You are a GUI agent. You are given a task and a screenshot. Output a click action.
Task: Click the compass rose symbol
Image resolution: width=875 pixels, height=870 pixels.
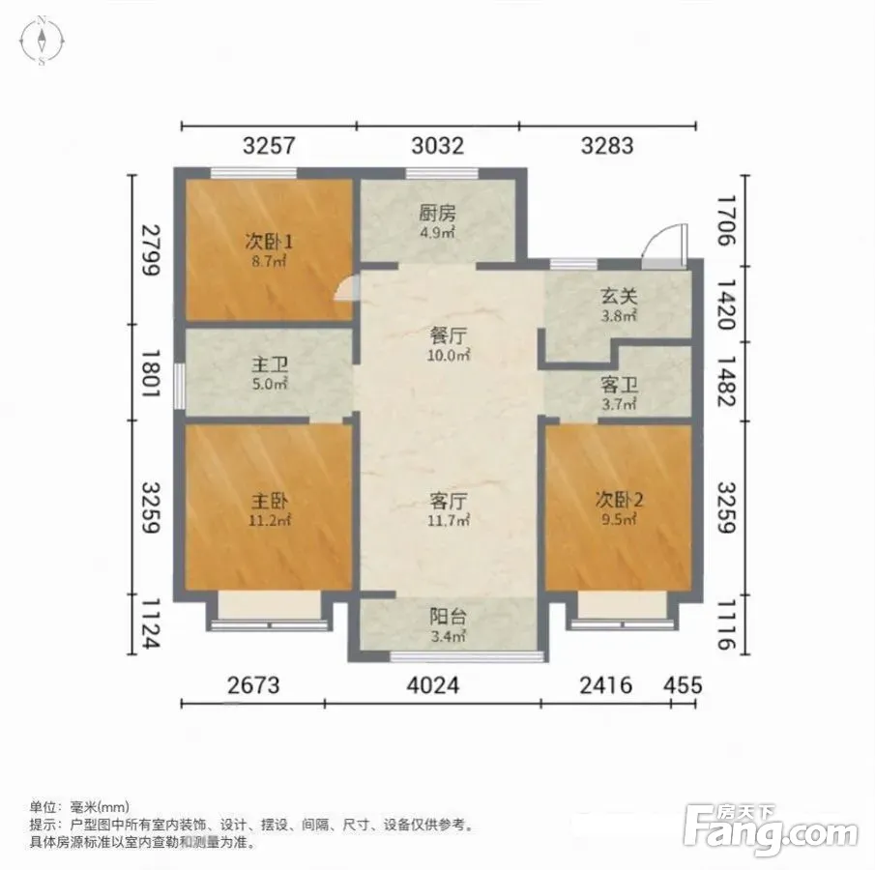tap(42, 41)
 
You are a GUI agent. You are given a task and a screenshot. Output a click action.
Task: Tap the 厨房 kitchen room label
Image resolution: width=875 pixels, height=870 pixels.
tap(437, 214)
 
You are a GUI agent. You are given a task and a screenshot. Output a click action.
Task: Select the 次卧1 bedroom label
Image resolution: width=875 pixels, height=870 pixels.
tap(269, 242)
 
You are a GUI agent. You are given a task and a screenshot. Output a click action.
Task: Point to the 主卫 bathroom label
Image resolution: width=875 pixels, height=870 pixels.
tap(270, 365)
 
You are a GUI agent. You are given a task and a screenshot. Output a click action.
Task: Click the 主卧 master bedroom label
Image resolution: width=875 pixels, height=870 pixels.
tap(270, 501)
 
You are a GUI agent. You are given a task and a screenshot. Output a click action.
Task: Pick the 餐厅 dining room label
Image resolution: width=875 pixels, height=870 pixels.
tap(448, 336)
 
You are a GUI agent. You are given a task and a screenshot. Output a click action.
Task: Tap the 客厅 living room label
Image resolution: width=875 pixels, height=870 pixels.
tap(448, 501)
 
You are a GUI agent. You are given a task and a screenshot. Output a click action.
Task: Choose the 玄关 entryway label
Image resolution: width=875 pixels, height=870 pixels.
tap(619, 297)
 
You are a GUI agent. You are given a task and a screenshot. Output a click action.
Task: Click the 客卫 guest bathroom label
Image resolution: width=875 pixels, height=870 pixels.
tap(619, 385)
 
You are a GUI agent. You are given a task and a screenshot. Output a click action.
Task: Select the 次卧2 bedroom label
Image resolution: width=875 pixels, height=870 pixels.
tap(619, 500)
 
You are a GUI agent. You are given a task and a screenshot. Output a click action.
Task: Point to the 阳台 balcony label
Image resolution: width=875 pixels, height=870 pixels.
tap(448, 617)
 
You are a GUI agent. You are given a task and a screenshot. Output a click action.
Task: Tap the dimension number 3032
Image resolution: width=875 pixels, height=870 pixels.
tap(437, 146)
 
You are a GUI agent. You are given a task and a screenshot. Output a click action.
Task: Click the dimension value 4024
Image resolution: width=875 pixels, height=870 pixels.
tap(433, 684)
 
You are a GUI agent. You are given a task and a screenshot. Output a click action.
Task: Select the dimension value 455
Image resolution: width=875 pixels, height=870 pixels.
tap(683, 684)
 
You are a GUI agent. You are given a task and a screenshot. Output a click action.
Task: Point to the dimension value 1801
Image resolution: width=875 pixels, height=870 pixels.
tap(151, 373)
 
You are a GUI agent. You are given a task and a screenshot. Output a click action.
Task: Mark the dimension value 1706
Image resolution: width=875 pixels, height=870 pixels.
tap(726, 220)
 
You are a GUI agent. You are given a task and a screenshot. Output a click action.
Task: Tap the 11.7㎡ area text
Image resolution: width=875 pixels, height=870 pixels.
tap(448, 521)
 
